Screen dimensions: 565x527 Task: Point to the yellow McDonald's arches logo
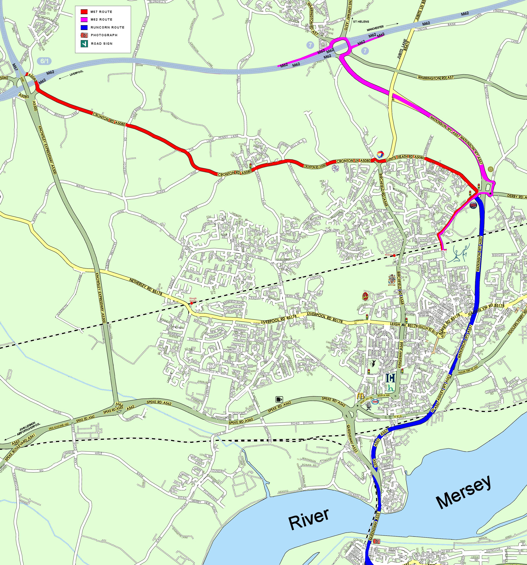[360, 396]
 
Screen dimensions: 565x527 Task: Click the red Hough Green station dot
[191, 303]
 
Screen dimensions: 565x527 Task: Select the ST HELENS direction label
[361, 22]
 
